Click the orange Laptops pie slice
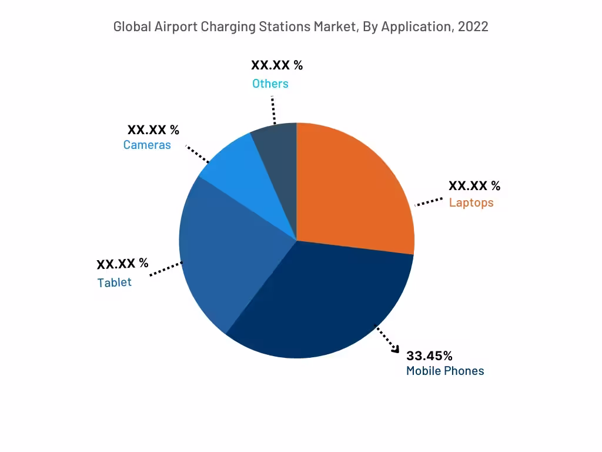tap(353, 188)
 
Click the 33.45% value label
tap(429, 355)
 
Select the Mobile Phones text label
tap(445, 371)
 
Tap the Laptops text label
tap(471, 202)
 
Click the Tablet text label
tap(115, 282)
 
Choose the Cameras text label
tap(147, 145)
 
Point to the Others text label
tap(270, 84)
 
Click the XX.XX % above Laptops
tap(474, 186)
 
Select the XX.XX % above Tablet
tap(122, 263)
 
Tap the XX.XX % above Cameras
tap(153, 129)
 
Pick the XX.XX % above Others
tap(277, 65)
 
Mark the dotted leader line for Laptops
tap(429, 201)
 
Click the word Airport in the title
tap(176, 26)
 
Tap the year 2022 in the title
tap(474, 26)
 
